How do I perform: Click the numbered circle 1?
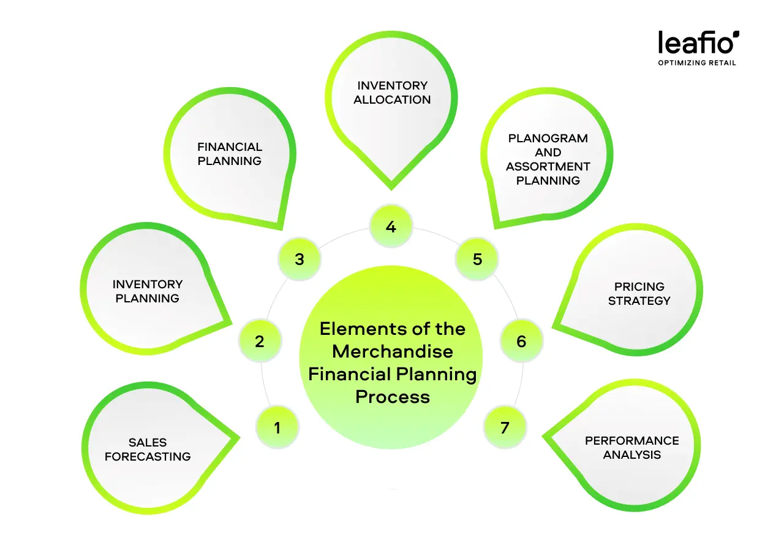click(x=277, y=427)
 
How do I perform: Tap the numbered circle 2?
click(x=260, y=341)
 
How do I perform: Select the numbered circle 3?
click(x=299, y=259)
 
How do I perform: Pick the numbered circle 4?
click(x=391, y=227)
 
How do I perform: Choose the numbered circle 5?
click(x=477, y=259)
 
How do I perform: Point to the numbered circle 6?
click(x=521, y=341)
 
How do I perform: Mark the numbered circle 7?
click(x=505, y=427)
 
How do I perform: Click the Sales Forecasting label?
click(x=148, y=449)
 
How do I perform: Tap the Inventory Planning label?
click(x=148, y=291)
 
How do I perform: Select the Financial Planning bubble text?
click(x=230, y=153)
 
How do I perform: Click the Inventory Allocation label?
click(x=392, y=92)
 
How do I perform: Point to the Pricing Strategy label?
click(x=639, y=293)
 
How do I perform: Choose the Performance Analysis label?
click(x=632, y=448)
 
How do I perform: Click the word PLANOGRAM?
click(x=548, y=138)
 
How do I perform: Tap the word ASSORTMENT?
click(x=548, y=166)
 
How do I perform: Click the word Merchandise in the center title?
click(x=393, y=351)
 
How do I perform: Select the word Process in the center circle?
click(x=393, y=396)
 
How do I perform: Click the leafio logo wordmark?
click(x=698, y=43)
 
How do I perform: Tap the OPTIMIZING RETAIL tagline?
click(x=697, y=63)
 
